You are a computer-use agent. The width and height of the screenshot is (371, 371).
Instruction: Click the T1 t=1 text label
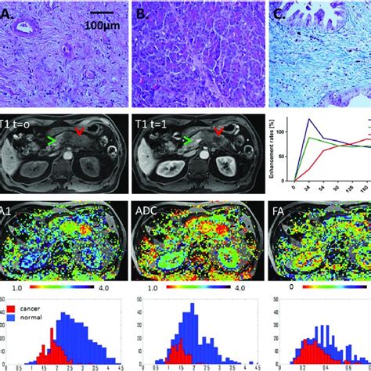[x=157, y=123]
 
